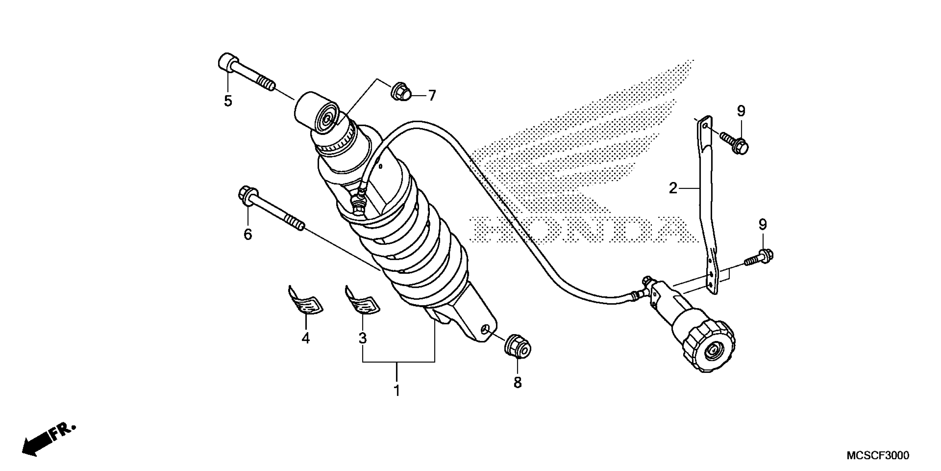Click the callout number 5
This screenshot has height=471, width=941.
click(x=228, y=101)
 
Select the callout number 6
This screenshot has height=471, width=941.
click(x=248, y=234)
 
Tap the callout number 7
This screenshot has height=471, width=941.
click(x=432, y=96)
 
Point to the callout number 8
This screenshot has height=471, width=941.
click(x=517, y=383)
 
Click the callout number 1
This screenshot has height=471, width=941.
click(x=397, y=391)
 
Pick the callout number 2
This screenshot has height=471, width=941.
click(x=673, y=189)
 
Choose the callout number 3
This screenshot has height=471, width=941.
click(x=362, y=338)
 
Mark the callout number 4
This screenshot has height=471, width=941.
click(x=306, y=338)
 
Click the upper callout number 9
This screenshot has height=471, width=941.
click(x=741, y=111)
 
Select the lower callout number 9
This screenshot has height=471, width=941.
click(x=763, y=224)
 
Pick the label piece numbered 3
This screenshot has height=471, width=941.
click(x=362, y=301)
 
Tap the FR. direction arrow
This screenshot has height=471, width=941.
click(x=48, y=440)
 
